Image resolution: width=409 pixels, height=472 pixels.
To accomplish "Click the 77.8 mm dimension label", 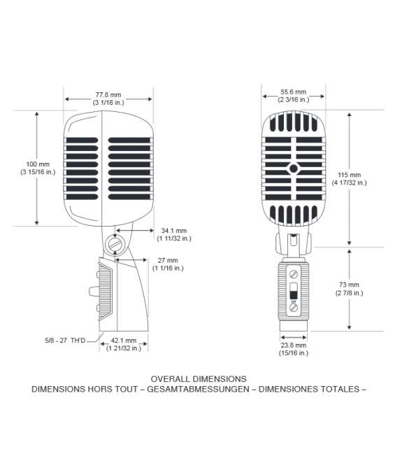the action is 108,99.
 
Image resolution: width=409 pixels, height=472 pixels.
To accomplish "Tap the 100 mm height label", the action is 38,168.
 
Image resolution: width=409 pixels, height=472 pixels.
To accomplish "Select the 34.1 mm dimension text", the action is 174,234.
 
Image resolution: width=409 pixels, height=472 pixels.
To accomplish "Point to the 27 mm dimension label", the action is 168,264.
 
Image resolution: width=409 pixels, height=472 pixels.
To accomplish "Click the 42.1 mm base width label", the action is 124,344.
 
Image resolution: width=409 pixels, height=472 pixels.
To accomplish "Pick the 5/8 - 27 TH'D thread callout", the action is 65,341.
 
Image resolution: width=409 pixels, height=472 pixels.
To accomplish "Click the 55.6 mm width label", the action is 294,96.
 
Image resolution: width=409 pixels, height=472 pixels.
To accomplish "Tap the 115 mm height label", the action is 349,179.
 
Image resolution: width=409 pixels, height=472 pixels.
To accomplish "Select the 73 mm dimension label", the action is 349,289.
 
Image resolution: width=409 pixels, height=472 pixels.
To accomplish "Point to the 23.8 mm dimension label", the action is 294,349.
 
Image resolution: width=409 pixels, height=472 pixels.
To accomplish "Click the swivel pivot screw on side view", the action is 115,244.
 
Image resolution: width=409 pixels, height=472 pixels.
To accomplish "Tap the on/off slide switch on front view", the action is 294,290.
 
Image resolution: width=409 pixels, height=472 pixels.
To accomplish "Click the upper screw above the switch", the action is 294,274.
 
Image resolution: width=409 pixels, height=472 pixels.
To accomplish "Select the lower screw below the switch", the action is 294,308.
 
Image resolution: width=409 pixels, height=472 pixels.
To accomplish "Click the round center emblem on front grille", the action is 294,169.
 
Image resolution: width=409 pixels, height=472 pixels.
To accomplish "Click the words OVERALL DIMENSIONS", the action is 199,379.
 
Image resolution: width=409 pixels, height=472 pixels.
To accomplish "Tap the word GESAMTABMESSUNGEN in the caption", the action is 198,389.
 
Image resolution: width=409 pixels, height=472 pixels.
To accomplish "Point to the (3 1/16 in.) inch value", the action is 108,103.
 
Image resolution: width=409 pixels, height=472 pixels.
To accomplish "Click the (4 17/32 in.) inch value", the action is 349,183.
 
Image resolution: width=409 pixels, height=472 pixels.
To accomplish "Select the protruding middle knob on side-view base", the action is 94,291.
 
